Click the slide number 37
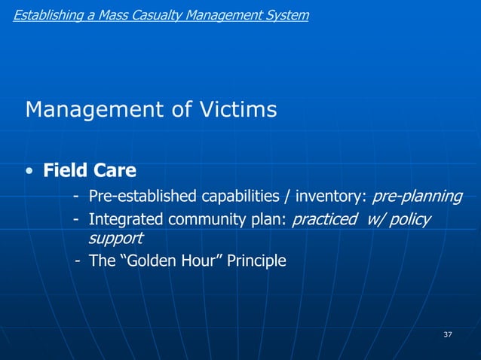point(447,334)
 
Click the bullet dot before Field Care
point(28,171)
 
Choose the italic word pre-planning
point(417,197)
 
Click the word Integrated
point(120,219)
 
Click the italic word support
point(115,238)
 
